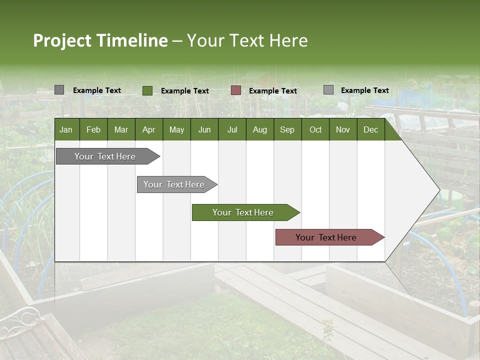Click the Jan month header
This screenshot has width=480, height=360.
pyautogui.click(x=66, y=130)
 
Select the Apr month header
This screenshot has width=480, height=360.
pyautogui.click(x=148, y=130)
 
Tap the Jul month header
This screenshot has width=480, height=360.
pyautogui.click(x=232, y=130)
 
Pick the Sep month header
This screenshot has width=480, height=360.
pyautogui.click(x=287, y=130)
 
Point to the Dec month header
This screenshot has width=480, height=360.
pyautogui.click(x=370, y=130)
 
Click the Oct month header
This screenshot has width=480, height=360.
pyautogui.click(x=315, y=130)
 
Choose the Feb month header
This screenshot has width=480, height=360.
pyautogui.click(x=93, y=130)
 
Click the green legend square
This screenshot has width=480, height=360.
pyautogui.click(x=147, y=90)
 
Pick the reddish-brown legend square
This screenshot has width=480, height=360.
pyautogui.click(x=236, y=90)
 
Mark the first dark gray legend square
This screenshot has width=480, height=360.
pyautogui.click(x=59, y=90)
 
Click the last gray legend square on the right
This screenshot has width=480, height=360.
pyautogui.click(x=328, y=90)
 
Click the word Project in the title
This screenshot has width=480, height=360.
pyautogui.click(x=63, y=41)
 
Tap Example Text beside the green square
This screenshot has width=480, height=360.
pyautogui.click(x=185, y=91)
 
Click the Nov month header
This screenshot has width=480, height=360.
pyautogui.click(x=343, y=130)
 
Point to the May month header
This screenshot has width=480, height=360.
pyautogui.click(x=176, y=130)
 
